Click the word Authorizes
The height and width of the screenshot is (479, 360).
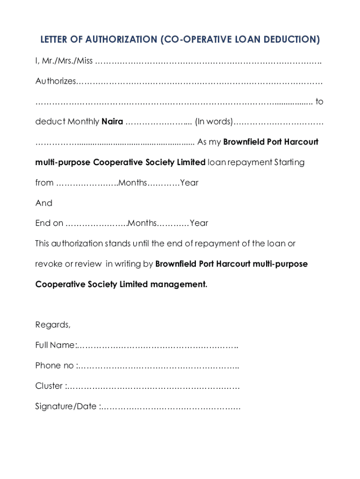55,81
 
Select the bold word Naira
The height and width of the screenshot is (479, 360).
112,122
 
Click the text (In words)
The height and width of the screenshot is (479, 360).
214,122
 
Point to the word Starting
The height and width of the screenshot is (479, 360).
289,162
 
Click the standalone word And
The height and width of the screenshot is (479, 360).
44,203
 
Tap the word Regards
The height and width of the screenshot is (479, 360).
53,325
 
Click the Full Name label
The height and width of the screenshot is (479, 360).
55,345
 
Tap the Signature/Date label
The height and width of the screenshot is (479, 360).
66,406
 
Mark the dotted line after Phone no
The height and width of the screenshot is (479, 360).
159,366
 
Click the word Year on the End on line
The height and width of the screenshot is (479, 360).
199,223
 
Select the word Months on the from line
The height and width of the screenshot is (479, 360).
133,182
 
